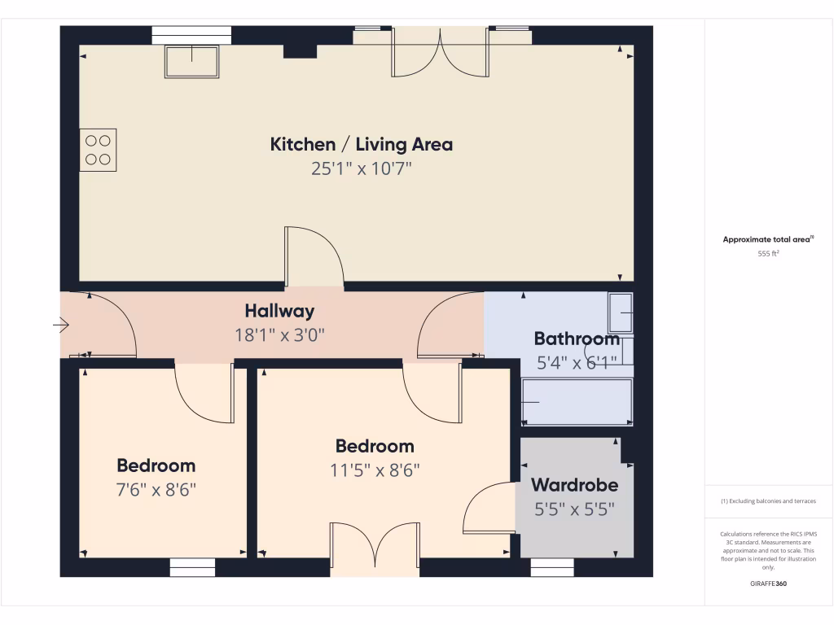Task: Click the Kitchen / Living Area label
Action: [361, 145]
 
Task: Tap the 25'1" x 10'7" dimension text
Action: [361, 169]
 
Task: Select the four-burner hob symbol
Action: [98, 150]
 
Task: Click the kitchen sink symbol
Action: [192, 62]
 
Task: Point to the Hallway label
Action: [279, 311]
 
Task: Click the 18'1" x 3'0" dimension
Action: [279, 334]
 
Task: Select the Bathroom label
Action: [577, 339]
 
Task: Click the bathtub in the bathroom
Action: [577, 402]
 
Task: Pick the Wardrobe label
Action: [574, 485]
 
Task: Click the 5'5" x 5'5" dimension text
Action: [574, 509]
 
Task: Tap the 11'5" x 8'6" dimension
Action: [375, 470]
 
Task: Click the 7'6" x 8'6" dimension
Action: [156, 490]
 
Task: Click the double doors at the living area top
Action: [441, 54]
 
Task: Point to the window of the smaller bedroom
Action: [192, 567]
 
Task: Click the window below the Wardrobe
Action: [552, 567]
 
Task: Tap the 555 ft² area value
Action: [768, 254]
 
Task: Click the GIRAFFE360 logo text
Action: [768, 583]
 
